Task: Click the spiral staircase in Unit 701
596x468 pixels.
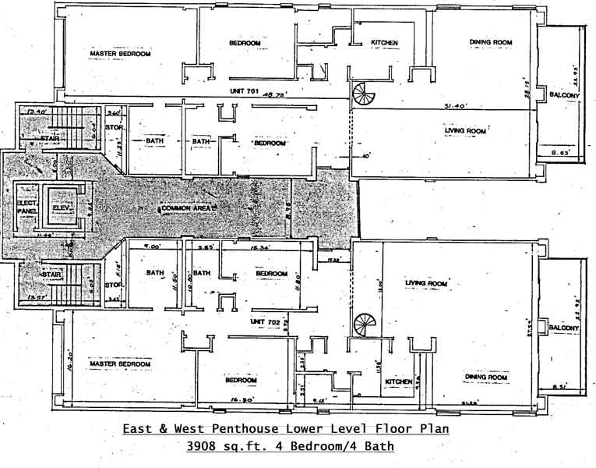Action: (364, 96)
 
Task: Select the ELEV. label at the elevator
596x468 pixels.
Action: (62, 207)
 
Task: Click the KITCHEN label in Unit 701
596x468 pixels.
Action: (385, 42)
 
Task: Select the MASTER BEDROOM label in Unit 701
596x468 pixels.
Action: (120, 53)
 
